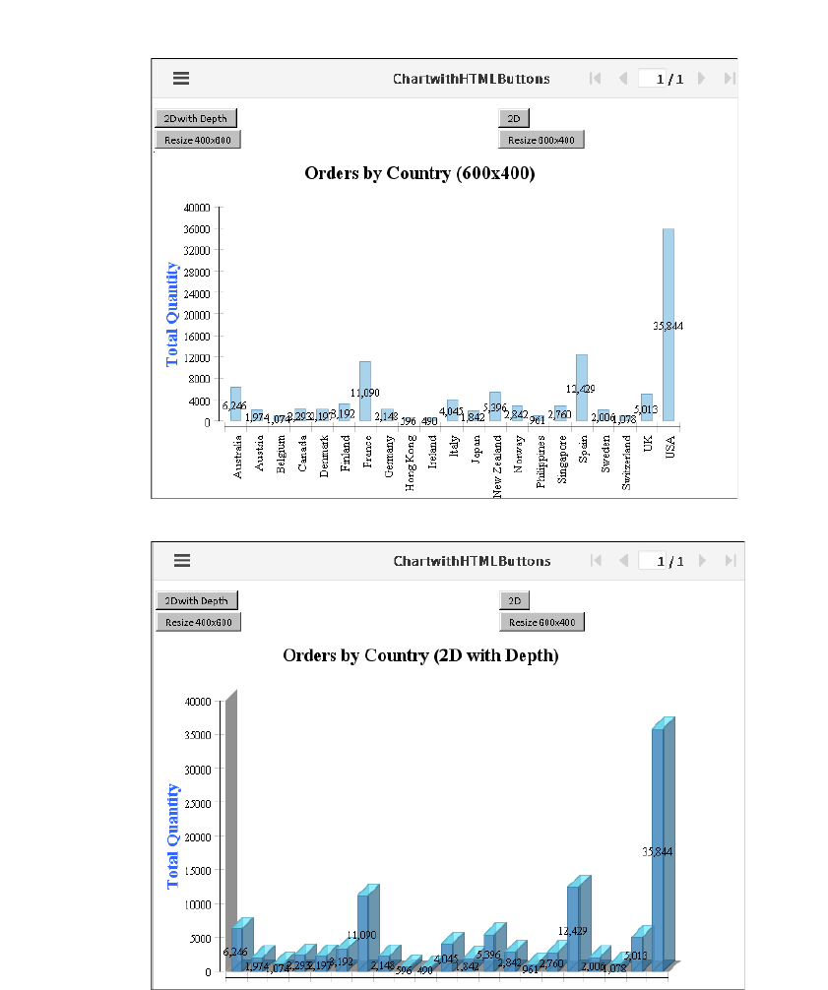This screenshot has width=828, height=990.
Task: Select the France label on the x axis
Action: pos(367,451)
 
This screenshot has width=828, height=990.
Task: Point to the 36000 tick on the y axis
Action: pos(197,228)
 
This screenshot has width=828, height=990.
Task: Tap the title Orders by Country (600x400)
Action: pos(419,173)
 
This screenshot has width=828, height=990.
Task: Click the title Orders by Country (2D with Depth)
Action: pos(420,655)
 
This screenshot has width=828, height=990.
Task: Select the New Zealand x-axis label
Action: pos(497,466)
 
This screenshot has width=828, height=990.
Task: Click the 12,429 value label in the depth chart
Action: pos(576,930)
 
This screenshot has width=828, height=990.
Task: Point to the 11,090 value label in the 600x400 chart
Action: pos(364,393)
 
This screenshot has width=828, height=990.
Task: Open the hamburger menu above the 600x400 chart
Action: pos(181,79)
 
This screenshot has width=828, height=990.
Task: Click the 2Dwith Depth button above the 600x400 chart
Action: pos(196,118)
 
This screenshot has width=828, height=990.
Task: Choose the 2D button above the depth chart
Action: pos(514,600)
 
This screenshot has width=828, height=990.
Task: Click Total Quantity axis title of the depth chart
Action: pos(173,836)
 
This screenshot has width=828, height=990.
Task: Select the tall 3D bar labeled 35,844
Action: pos(658,846)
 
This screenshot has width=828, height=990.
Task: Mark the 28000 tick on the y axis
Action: pos(197,272)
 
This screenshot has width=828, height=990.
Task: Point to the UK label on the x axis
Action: pos(648,444)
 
